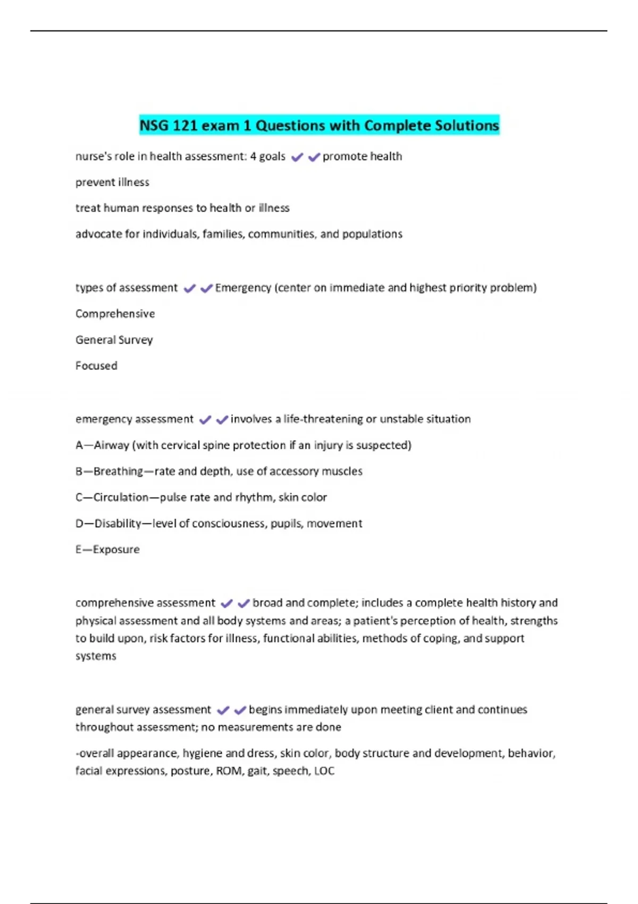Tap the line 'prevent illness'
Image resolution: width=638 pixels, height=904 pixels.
point(112,182)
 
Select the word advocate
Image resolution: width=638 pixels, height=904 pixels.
point(99,234)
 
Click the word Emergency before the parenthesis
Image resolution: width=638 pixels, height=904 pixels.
point(243,288)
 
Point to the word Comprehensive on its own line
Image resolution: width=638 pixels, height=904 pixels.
point(115,314)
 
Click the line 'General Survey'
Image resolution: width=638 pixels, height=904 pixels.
point(114,340)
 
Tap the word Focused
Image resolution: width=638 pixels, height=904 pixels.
point(96,366)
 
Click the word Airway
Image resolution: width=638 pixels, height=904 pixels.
point(111,445)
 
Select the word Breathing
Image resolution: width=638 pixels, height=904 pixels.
point(118,471)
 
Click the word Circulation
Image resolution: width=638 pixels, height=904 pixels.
point(121,497)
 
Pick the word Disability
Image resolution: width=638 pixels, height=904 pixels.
point(117,523)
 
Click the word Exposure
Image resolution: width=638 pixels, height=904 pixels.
point(116,549)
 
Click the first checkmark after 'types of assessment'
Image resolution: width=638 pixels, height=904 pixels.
point(189,288)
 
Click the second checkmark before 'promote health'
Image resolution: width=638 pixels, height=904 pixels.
point(314,157)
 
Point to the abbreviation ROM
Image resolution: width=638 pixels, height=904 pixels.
point(229,771)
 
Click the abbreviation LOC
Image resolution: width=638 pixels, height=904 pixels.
point(324,771)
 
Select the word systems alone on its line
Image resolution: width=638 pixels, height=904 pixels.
point(96,656)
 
